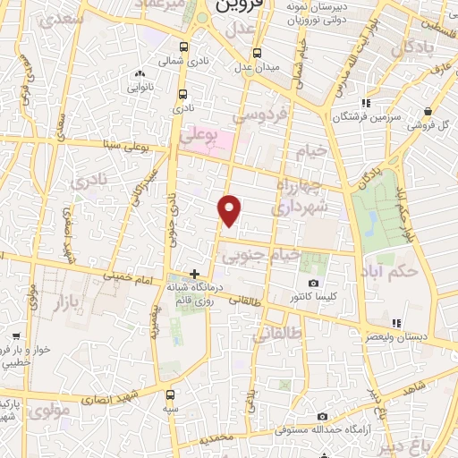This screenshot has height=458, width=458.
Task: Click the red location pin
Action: point(230,209)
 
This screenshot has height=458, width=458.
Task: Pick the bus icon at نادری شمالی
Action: point(183,47)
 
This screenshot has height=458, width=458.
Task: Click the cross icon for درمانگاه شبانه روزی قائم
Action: point(194,273)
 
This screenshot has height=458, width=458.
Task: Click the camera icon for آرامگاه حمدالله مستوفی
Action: point(322,416)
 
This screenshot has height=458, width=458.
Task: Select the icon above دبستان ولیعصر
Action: point(395,323)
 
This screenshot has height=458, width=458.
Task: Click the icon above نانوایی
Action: point(139,74)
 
